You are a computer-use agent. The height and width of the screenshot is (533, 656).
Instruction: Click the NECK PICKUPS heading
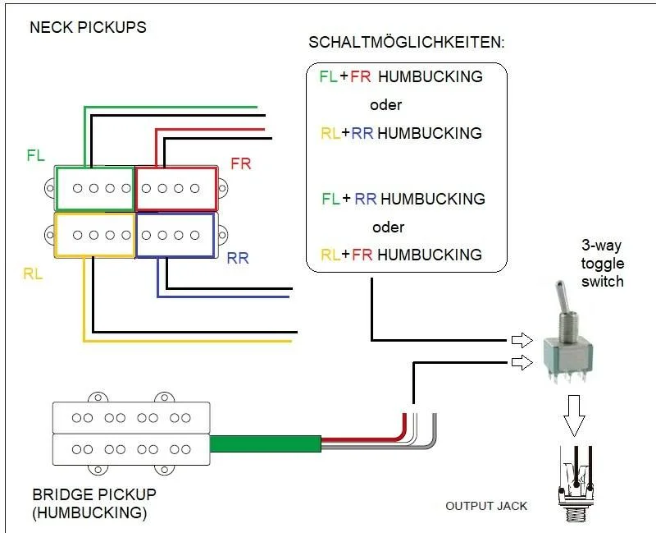click(88, 27)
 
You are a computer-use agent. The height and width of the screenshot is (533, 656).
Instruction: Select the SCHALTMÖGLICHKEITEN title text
click(406, 42)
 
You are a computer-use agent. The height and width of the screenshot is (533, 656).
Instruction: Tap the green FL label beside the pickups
click(35, 155)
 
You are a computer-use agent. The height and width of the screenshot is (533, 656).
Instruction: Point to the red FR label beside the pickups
click(240, 163)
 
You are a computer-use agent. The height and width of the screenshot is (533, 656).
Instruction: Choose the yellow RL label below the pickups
click(33, 273)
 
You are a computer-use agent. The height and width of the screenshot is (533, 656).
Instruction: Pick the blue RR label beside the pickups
click(238, 259)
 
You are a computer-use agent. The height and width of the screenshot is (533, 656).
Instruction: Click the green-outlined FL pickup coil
click(94, 188)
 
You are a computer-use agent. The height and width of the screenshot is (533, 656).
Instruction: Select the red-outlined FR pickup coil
click(175, 188)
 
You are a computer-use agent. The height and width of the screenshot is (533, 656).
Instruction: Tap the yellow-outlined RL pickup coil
click(94, 235)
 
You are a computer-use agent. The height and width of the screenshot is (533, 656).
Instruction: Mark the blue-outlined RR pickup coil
click(175, 235)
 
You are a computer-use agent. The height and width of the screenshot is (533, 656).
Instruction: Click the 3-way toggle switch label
click(603, 264)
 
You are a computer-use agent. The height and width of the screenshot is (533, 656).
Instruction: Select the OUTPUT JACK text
click(486, 505)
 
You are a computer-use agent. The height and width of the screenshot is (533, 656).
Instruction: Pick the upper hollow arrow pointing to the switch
click(521, 340)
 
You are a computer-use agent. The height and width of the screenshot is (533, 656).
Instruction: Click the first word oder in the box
click(385, 105)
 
